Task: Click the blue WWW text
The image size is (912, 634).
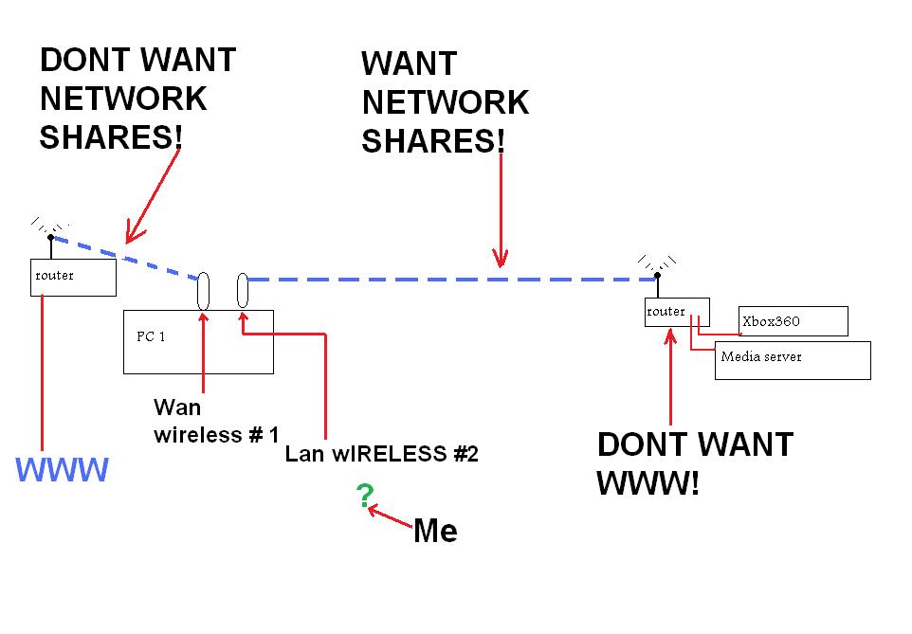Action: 63,468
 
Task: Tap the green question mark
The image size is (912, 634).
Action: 364,494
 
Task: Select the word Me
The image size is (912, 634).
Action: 435,531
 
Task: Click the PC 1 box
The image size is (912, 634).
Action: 198,341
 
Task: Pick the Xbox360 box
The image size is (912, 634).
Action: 793,321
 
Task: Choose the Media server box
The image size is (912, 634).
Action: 793,360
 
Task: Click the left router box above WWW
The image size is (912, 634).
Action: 73,277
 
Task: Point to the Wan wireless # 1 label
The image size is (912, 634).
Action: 216,422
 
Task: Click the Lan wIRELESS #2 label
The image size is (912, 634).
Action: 381,454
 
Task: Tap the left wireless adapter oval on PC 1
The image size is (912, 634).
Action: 204,291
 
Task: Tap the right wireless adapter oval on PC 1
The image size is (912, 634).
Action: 243,290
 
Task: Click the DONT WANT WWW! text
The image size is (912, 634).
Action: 694,463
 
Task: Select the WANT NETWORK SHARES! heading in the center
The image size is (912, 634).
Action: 445,102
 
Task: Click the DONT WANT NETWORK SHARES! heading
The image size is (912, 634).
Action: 137,99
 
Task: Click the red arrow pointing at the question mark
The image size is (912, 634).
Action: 391,517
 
